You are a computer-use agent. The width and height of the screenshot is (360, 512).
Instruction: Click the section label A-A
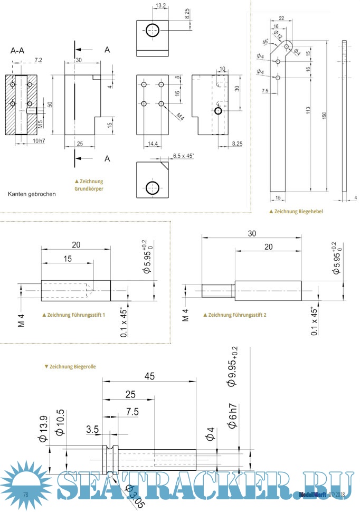tap(17, 51)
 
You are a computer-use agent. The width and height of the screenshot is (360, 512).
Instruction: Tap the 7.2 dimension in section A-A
tap(38, 61)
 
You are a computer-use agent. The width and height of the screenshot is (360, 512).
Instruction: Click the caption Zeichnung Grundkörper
tap(89, 185)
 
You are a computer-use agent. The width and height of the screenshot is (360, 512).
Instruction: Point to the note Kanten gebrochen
tap(32, 194)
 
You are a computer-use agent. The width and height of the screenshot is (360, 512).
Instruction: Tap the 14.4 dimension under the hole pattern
tap(152, 143)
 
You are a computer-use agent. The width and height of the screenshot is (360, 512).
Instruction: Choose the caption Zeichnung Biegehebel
tap(296, 211)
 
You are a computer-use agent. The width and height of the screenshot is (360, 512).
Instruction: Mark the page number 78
tap(25, 494)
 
